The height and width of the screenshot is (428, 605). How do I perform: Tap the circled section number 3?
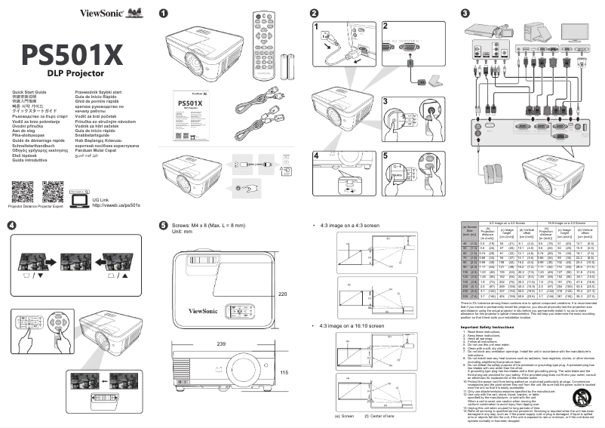tap(465, 13)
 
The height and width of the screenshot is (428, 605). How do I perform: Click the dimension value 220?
tap(283, 294)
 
